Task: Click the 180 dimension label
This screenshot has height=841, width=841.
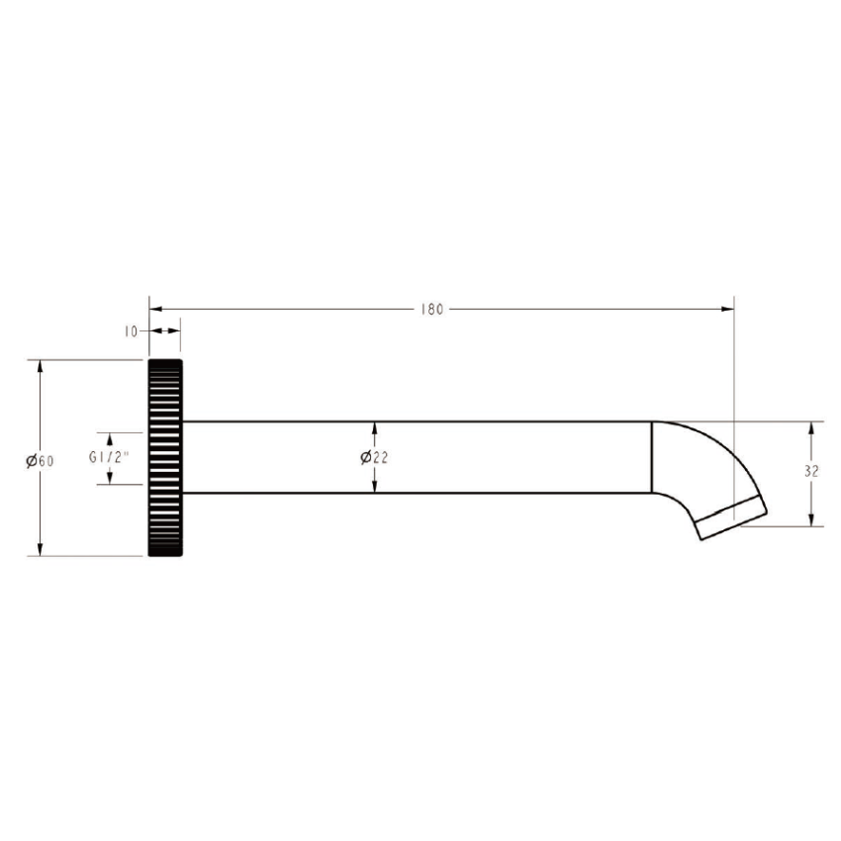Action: [431, 309]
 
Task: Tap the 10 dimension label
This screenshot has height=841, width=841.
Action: [131, 332]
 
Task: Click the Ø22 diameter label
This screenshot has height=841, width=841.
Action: [373, 457]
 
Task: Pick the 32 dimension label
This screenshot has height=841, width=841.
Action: [811, 472]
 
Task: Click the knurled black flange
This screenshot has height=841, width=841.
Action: [165, 458]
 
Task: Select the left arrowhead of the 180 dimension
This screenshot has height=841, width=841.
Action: [154, 309]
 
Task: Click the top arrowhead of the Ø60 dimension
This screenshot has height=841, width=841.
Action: [41, 367]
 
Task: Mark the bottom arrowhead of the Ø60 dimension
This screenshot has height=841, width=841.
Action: [41, 549]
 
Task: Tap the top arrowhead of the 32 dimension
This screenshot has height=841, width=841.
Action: [811, 428]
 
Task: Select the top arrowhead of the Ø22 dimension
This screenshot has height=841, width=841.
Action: [373, 428]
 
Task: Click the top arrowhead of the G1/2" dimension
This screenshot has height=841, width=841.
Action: [110, 437]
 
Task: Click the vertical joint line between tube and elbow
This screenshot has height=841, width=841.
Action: [652, 457]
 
